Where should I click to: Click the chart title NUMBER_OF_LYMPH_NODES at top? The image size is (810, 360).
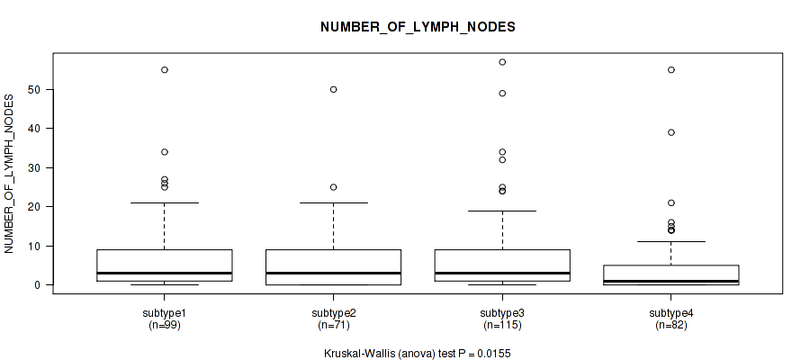(x=418, y=27)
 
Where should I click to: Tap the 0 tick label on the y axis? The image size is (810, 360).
(x=38, y=284)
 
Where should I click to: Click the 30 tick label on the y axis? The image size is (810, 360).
(x=34, y=168)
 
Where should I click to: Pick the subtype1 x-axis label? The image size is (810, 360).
(x=165, y=313)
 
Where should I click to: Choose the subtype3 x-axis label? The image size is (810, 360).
(x=501, y=313)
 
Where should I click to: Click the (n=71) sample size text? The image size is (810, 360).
(x=333, y=326)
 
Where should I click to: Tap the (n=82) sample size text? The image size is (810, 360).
(x=670, y=326)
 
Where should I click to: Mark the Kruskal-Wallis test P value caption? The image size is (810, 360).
(x=417, y=354)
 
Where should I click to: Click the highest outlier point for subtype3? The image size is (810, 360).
(x=502, y=62)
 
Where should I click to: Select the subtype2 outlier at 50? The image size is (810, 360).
(x=333, y=89)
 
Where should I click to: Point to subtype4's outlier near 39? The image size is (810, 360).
(x=671, y=132)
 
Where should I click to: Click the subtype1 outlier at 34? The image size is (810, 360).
(x=165, y=152)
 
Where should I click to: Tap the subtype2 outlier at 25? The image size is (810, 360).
(x=333, y=187)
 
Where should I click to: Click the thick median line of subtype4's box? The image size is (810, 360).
(x=670, y=281)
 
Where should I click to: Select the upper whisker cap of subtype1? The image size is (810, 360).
(x=165, y=203)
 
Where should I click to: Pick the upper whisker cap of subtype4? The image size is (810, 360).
(x=670, y=242)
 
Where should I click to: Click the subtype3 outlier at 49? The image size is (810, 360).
(x=502, y=94)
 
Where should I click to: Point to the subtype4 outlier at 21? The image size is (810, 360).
(x=671, y=203)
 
